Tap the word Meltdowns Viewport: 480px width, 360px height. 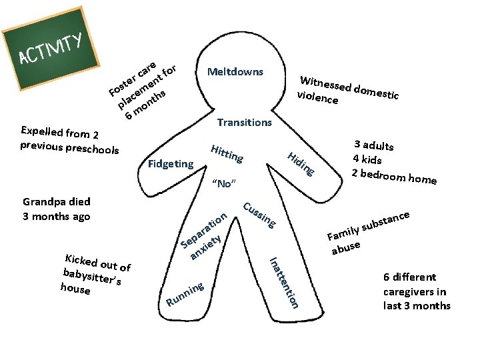tap(235, 72)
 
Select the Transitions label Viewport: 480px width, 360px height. tap(245, 123)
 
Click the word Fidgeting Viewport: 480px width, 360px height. tap(171, 163)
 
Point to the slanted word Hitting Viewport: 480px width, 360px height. tap(226, 154)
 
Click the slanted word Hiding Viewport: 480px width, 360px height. tap(301, 164)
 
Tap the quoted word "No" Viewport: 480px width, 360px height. tap(223, 183)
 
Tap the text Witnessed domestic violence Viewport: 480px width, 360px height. tap(349, 91)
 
